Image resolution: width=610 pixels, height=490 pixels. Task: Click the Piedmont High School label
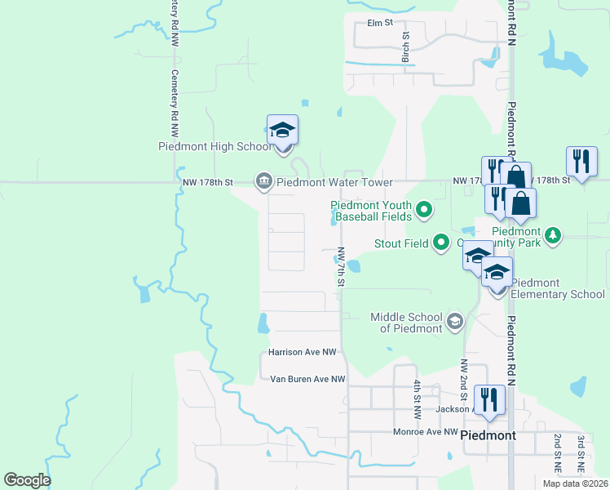214,147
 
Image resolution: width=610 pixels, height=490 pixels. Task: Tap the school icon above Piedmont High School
282,131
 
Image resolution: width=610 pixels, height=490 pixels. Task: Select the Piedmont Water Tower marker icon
263,181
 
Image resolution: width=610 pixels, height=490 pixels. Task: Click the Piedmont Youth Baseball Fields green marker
423,211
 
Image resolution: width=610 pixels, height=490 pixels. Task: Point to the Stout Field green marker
441,243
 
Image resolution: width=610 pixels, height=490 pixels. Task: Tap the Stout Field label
402,243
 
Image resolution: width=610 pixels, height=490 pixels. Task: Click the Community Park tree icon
553,236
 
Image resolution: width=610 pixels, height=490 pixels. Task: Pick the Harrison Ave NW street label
303,353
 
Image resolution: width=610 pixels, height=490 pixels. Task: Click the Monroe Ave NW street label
425,431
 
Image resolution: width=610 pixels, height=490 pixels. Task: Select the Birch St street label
405,48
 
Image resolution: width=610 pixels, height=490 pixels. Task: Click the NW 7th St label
342,267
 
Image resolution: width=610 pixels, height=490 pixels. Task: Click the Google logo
27,480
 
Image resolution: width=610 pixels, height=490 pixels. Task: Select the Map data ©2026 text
575,483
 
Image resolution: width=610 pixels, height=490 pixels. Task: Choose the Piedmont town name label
488,435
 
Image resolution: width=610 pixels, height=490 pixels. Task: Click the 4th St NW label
416,399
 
